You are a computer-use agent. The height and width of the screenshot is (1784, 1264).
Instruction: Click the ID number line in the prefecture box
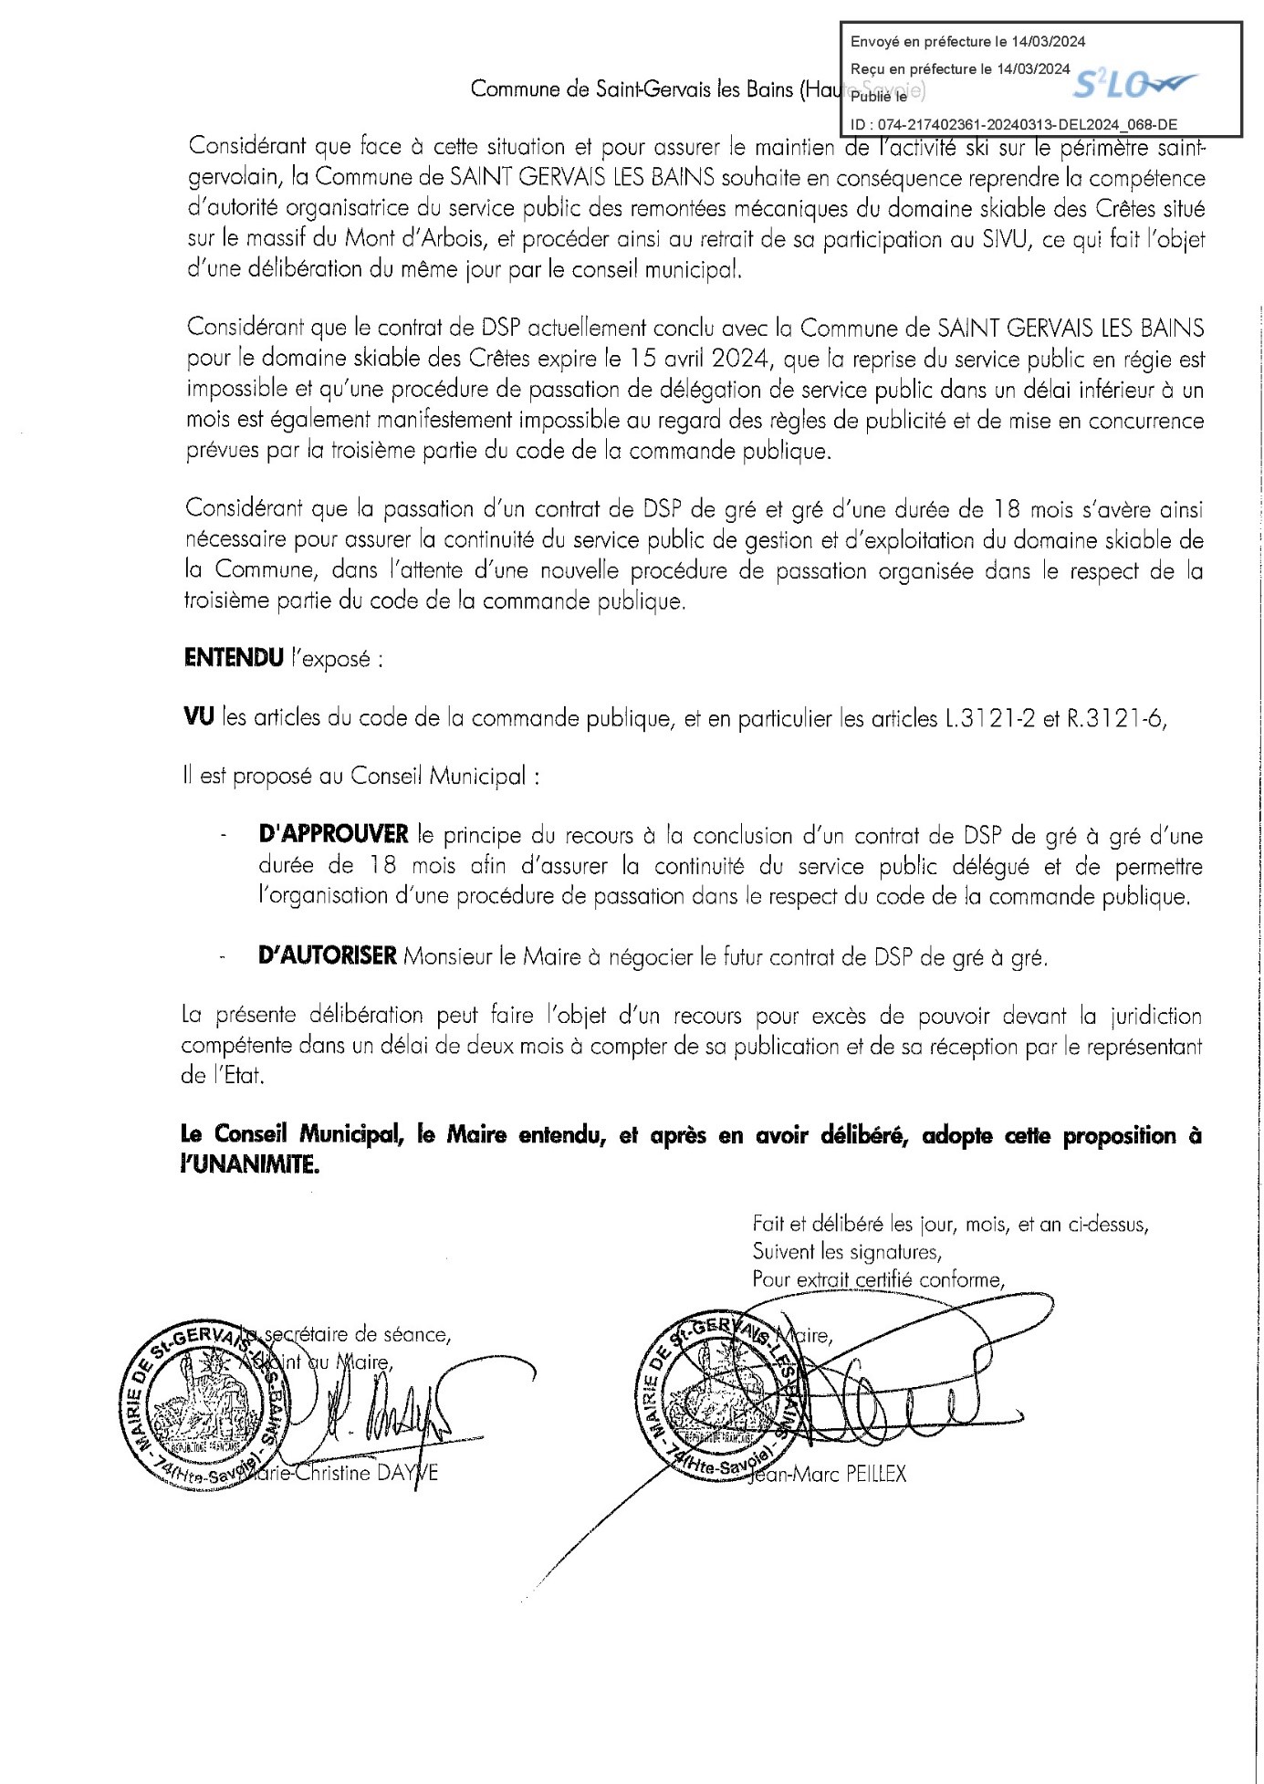tap(1014, 124)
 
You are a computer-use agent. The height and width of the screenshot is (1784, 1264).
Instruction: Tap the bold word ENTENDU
tap(234, 658)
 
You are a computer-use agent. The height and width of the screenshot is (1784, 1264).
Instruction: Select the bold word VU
tap(199, 717)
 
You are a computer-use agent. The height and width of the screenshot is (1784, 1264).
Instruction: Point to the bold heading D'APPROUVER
tap(334, 834)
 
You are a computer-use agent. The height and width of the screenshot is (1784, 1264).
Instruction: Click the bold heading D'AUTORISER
tap(328, 955)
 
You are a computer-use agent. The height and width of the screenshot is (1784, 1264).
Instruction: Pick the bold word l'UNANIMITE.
tap(250, 1165)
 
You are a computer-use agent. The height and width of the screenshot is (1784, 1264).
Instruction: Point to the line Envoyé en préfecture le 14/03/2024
tap(967, 41)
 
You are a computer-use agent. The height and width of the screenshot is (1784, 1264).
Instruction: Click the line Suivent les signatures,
tap(847, 1252)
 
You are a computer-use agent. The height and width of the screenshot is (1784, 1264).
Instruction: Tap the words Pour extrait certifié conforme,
tap(878, 1279)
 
